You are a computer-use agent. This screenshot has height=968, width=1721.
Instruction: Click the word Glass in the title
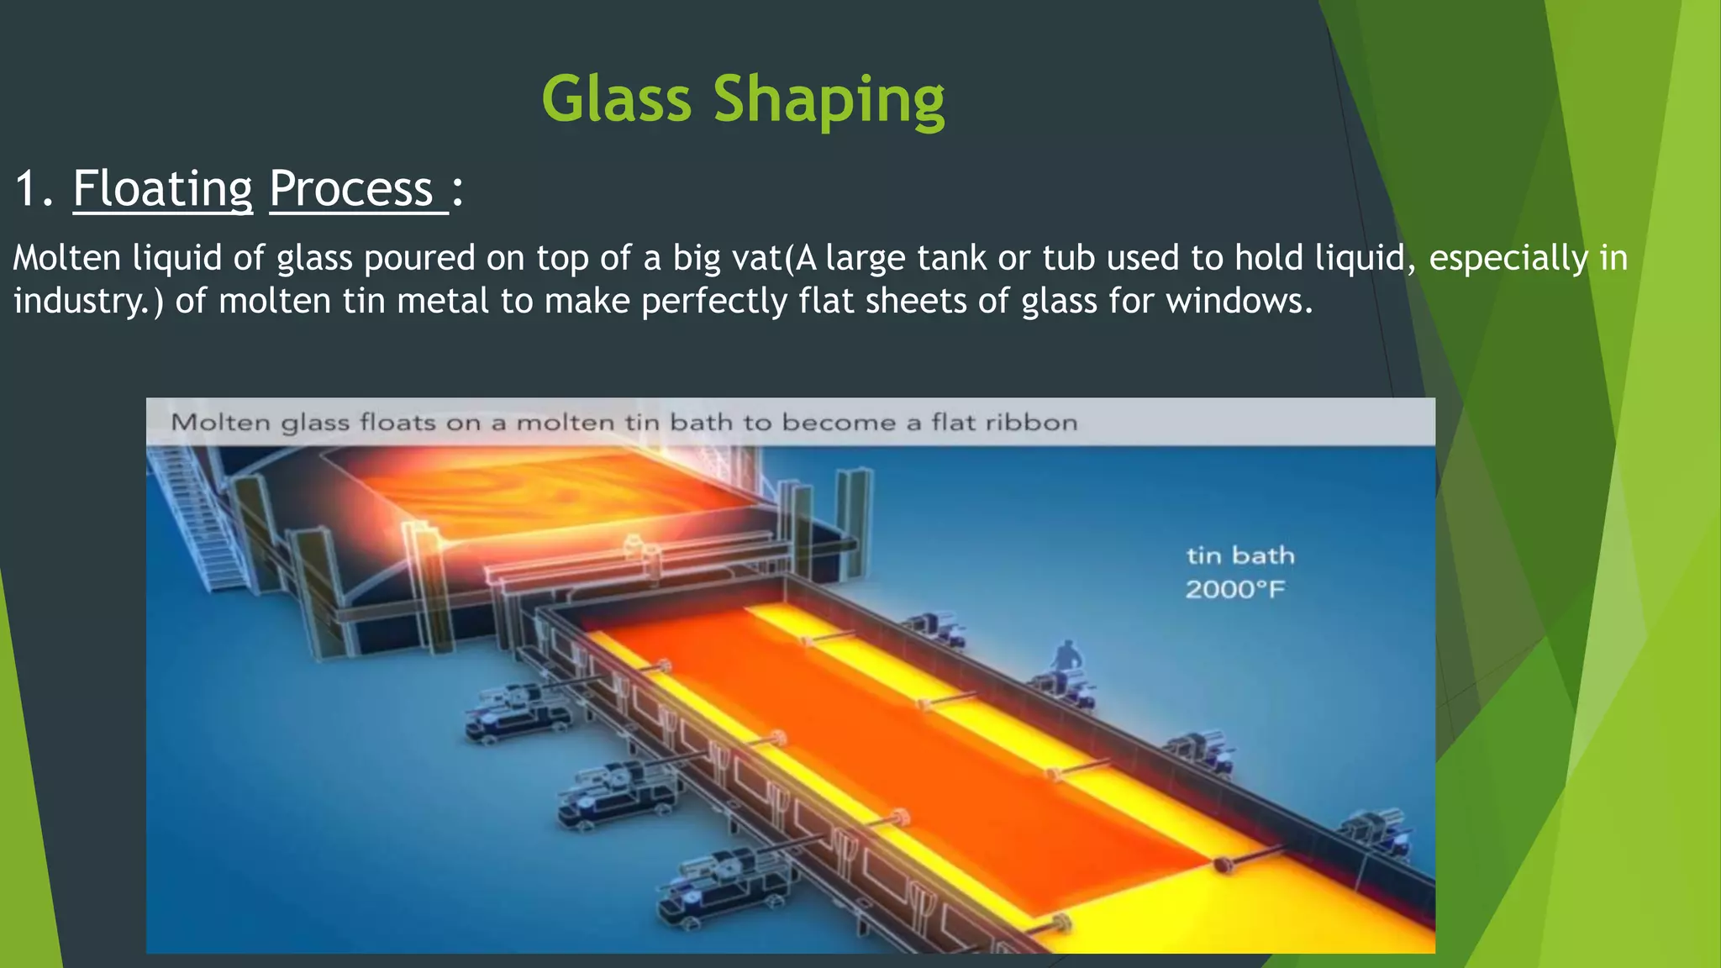pyautogui.click(x=617, y=99)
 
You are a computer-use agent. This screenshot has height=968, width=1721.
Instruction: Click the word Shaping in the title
pyautogui.click(x=829, y=102)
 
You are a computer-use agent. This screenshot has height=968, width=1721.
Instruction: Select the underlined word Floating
pyautogui.click(x=162, y=189)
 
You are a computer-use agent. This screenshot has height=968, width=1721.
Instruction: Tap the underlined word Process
pyautogui.click(x=351, y=188)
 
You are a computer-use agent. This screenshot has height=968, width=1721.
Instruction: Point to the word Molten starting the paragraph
pyautogui.click(x=67, y=258)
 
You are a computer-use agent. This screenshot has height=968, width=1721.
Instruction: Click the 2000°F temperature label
pyautogui.click(x=1234, y=590)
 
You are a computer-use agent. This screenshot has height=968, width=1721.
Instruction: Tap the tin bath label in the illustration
pyautogui.click(x=1240, y=555)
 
